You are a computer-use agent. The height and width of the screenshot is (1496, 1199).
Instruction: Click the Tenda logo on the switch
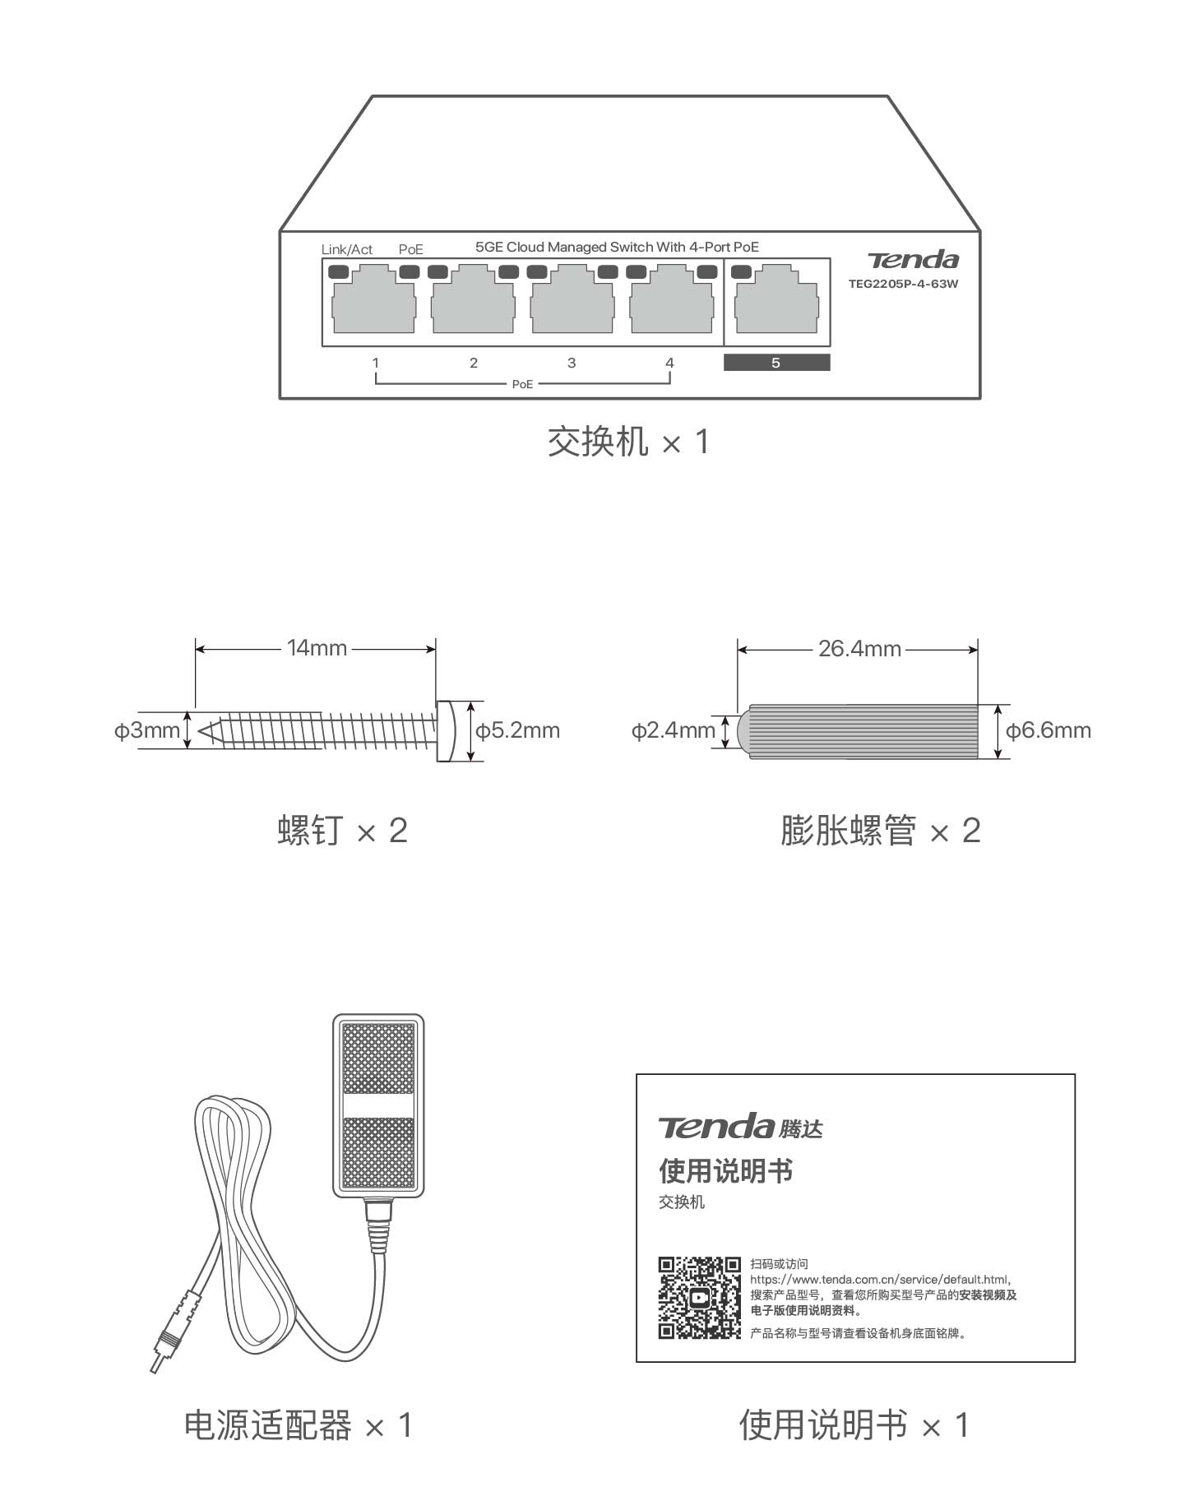[913, 260]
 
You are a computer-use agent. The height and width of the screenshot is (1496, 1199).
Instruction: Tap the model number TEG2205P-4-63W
[903, 285]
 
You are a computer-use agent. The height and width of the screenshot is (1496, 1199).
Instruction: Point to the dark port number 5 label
[776, 363]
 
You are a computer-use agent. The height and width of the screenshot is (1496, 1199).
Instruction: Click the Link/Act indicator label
[346, 249]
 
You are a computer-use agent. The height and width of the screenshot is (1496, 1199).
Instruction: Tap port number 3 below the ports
[572, 363]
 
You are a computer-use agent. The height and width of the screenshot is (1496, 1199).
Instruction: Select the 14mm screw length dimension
[317, 648]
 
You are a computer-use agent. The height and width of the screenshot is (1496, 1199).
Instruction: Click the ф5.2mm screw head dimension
[518, 730]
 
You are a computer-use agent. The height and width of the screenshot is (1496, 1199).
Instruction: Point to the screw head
[446, 731]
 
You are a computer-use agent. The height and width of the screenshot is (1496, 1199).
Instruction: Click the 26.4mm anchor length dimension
[859, 649]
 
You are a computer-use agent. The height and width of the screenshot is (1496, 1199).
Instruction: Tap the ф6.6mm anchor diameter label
[1049, 730]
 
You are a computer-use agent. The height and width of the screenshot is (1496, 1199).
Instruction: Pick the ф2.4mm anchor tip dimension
[673, 730]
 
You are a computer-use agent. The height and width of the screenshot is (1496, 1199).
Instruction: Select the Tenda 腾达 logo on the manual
[740, 1126]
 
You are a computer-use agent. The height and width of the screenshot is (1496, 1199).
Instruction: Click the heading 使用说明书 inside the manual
[725, 1170]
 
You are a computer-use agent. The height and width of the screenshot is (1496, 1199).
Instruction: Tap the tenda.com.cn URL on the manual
[879, 1279]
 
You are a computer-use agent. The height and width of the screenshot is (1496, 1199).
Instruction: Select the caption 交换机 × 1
[627, 442]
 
